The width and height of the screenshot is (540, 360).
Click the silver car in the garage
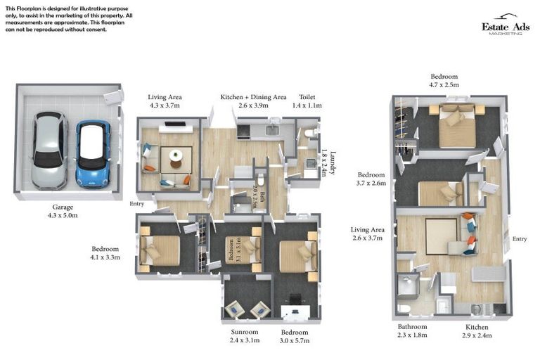pos(48,150)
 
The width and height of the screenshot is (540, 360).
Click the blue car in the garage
pos(92,153)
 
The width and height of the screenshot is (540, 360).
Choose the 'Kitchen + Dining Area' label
pos(253,97)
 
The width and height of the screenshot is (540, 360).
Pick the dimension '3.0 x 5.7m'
pos(294,340)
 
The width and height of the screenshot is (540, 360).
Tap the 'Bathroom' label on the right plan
pos(411,327)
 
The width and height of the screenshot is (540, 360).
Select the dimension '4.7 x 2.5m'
pos(444,85)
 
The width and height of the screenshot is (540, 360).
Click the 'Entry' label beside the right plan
pos(520,239)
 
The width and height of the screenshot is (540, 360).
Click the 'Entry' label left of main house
pos(136,204)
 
